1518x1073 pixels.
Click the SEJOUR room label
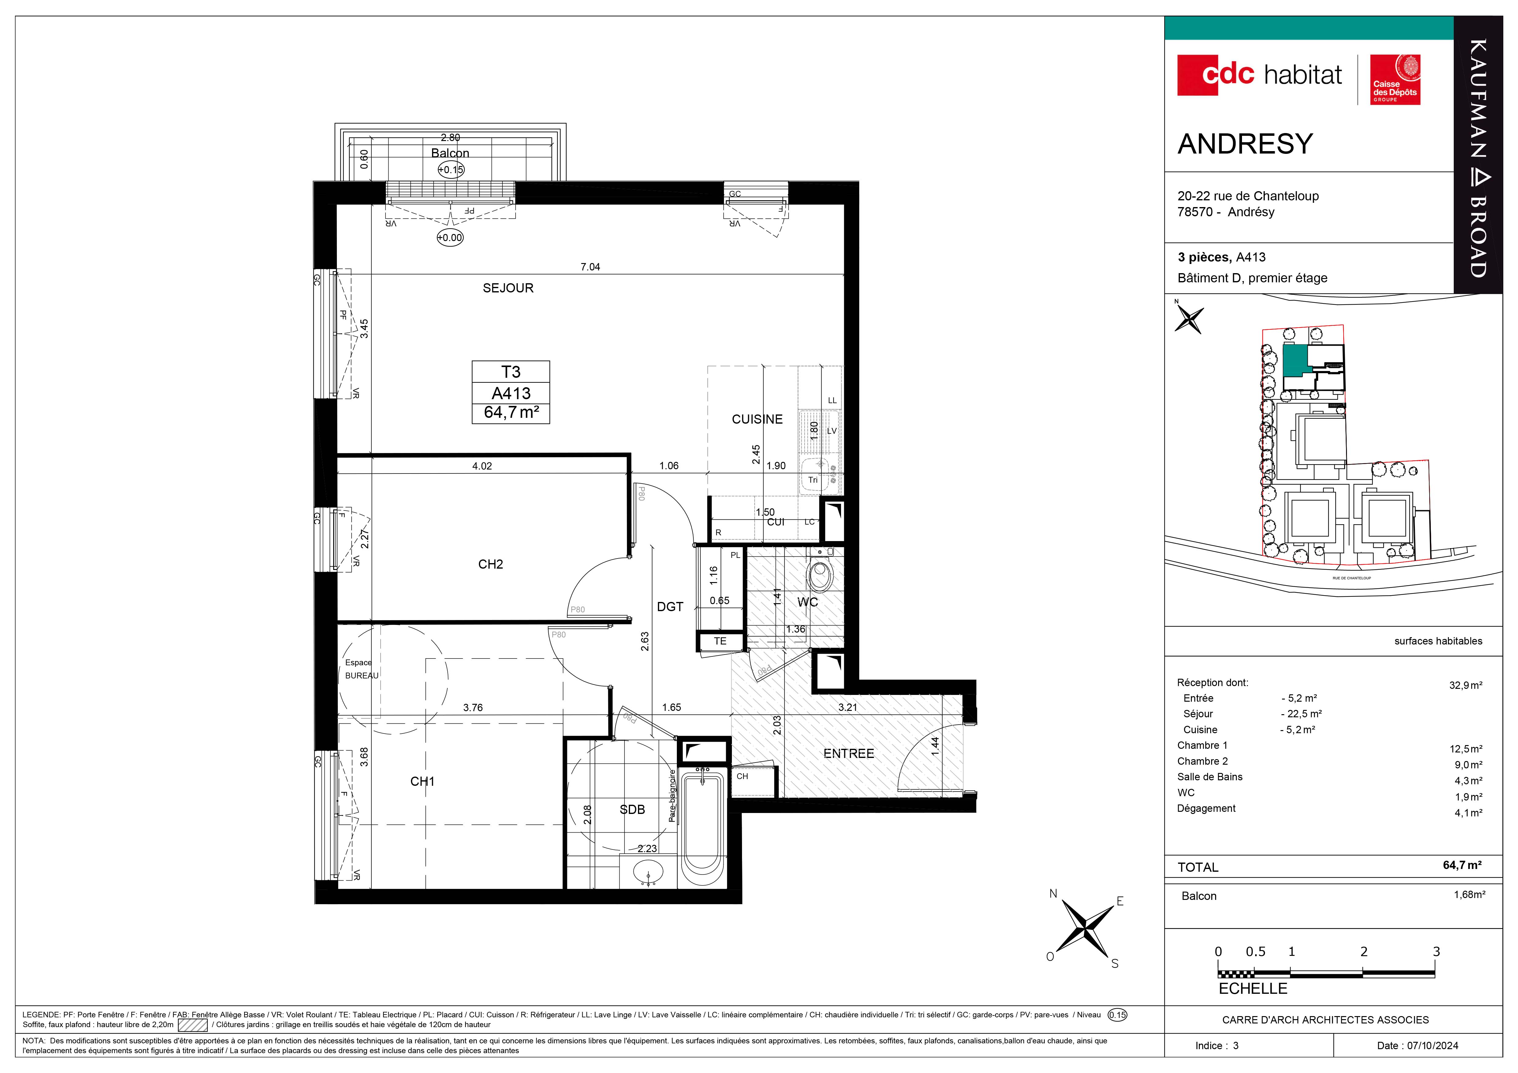[508, 288]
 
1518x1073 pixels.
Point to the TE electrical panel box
[720, 641]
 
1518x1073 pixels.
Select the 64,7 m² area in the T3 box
[511, 412]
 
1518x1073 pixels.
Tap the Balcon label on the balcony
[450, 153]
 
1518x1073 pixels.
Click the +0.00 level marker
[450, 238]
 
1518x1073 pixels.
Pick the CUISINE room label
[757, 419]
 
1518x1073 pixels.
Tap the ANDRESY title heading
[1245, 144]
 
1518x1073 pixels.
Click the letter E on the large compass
[1120, 901]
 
